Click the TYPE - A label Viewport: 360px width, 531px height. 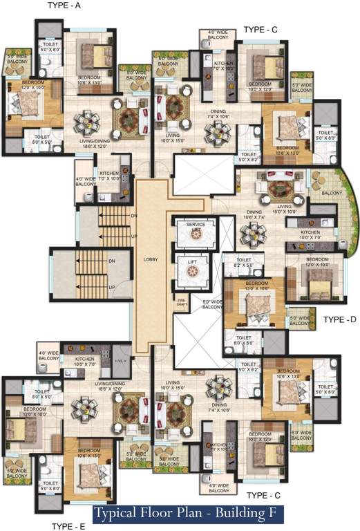click(x=64, y=6)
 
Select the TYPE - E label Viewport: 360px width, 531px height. click(x=68, y=526)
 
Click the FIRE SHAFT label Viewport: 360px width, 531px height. click(x=182, y=301)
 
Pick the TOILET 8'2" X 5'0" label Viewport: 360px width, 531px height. click(x=246, y=263)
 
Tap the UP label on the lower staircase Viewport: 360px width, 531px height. click(x=111, y=287)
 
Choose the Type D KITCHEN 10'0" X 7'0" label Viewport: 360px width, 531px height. click(x=310, y=234)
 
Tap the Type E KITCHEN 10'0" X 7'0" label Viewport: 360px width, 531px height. click(x=83, y=362)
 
